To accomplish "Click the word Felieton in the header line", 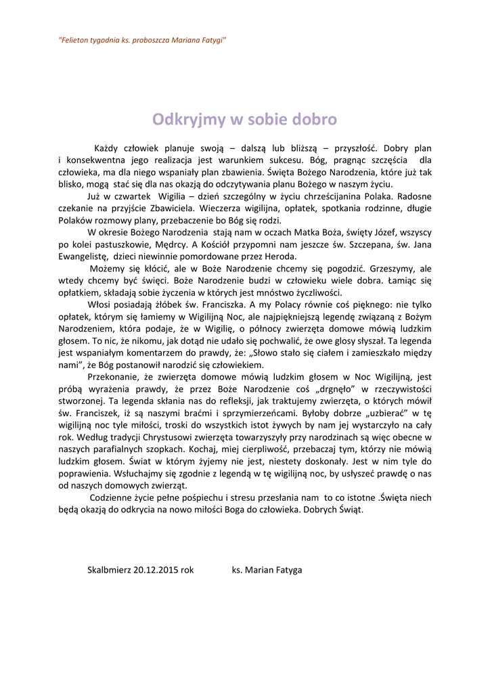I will [74, 41].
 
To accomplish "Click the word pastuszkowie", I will [120, 244].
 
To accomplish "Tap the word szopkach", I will [171, 449].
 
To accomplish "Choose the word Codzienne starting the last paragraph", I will [112, 497].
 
